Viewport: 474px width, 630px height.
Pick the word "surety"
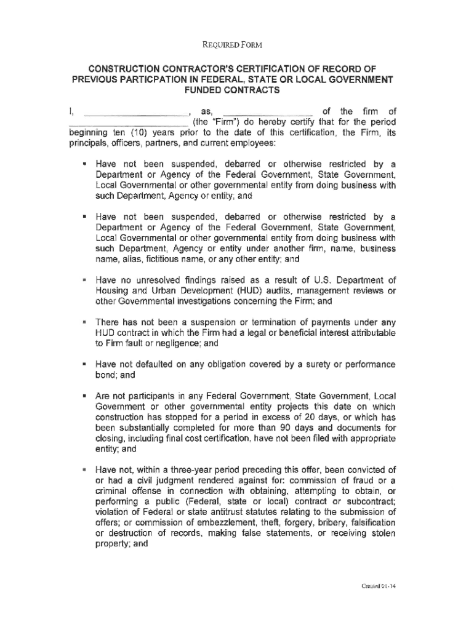click(312, 364)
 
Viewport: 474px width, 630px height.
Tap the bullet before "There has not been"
click(83, 322)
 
